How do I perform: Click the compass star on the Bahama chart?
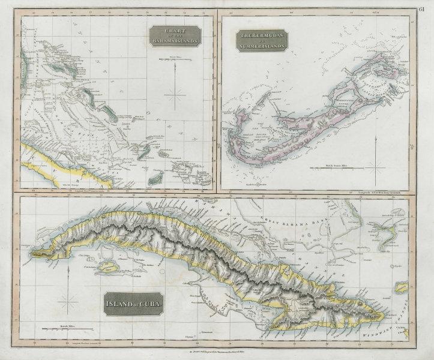[176, 94]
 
